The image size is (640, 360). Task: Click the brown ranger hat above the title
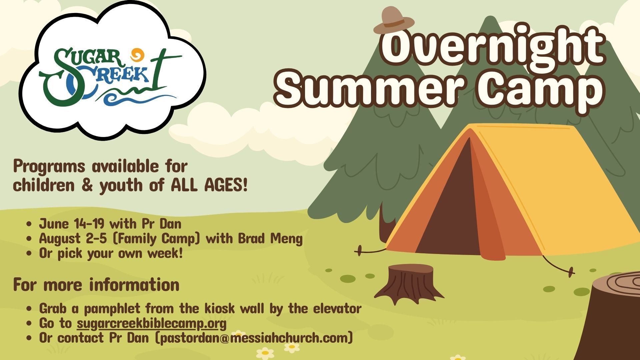coord(394,21)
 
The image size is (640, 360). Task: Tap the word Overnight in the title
coord(493,46)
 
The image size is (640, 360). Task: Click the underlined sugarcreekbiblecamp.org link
coord(152,324)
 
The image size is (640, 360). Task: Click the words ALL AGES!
coord(209,185)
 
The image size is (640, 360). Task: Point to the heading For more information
coord(96,285)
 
